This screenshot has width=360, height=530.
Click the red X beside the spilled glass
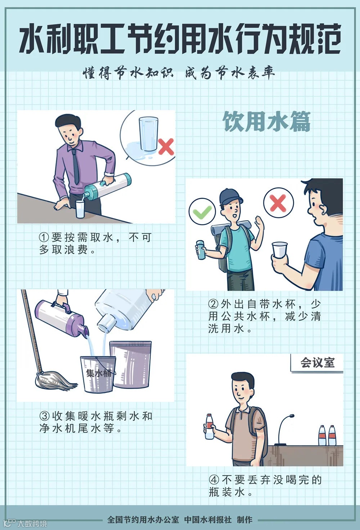pyautogui.click(x=166, y=146)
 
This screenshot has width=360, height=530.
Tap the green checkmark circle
pyautogui.click(x=202, y=211)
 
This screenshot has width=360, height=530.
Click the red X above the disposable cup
pyautogui.click(x=278, y=203)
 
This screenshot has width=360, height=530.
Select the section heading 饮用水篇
pyautogui.click(x=266, y=122)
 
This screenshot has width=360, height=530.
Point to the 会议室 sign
pyautogui.click(x=318, y=362)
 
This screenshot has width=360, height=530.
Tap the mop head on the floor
pyautogui.click(x=56, y=381)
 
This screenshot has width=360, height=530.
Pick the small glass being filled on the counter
pyautogui.click(x=80, y=209)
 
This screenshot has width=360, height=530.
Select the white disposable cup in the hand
pyautogui.click(x=279, y=250)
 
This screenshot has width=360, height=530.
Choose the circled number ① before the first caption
pyautogui.click(x=44, y=237)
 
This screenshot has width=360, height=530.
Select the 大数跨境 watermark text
pyautogui.click(x=32, y=524)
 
